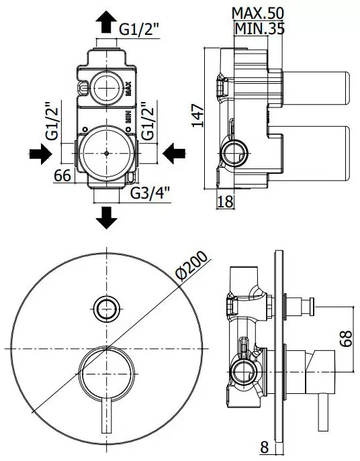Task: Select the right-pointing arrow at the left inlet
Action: tap(39, 153)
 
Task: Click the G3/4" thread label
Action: tap(150, 194)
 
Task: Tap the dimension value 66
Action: tap(62, 176)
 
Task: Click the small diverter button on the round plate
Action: tap(107, 308)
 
